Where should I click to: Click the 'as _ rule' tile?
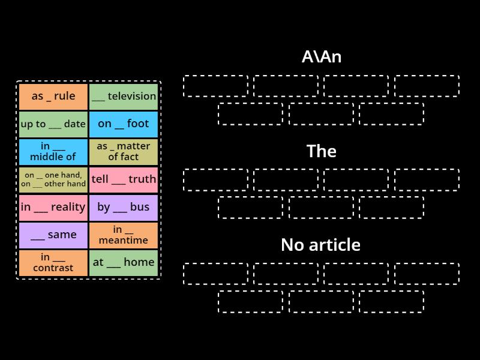click(x=53, y=96)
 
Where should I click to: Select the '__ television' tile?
click(x=124, y=96)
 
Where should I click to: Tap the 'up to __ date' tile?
click(x=53, y=124)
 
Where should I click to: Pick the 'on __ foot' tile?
click(x=124, y=124)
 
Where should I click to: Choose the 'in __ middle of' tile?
click(x=53, y=152)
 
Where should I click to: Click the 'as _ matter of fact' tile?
click(x=124, y=152)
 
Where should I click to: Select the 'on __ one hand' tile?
click(x=53, y=179)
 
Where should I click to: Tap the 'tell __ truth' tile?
click(x=124, y=179)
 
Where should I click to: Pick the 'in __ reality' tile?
click(x=53, y=207)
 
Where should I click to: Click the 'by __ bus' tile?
click(x=124, y=207)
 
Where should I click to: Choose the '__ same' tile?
click(x=53, y=235)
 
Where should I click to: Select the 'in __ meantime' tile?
click(x=124, y=235)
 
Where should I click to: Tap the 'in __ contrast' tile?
click(x=53, y=263)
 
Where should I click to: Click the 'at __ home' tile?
click(x=124, y=263)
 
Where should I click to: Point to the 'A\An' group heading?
click(x=321, y=57)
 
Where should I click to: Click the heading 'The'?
click(x=321, y=151)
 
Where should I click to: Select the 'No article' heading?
click(x=321, y=245)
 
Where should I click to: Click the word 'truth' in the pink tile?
click(x=143, y=179)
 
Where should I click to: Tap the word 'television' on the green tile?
click(x=132, y=96)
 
